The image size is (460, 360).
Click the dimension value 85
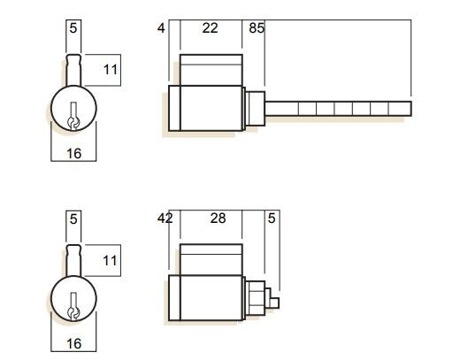click(x=257, y=28)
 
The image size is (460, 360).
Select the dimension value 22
click(x=210, y=28)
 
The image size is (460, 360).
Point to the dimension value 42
click(x=165, y=218)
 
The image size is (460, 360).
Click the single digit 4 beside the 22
click(x=160, y=28)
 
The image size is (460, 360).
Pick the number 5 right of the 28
click(x=271, y=218)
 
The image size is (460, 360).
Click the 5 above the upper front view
click(x=73, y=28)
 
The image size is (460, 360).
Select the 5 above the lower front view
click(x=73, y=218)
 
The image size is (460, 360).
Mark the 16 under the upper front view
click(x=73, y=153)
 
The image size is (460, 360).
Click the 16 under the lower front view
click(x=73, y=342)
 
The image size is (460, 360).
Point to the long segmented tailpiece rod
click(x=336, y=109)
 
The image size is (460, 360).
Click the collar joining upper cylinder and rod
click(x=256, y=108)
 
